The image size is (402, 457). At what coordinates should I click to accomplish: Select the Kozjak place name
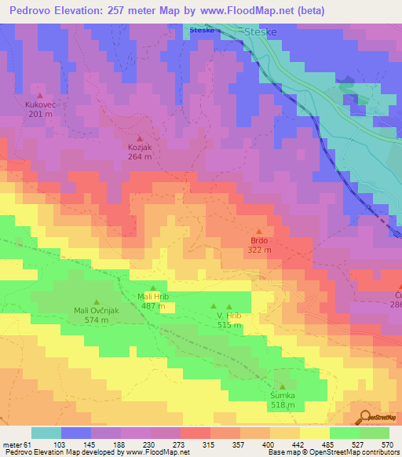[140, 147]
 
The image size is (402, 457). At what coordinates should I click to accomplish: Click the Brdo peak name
[259, 240]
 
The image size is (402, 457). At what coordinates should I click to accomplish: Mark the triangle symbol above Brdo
[259, 231]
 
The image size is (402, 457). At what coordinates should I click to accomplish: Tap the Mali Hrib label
[153, 296]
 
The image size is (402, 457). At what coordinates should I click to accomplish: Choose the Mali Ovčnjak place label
[96, 311]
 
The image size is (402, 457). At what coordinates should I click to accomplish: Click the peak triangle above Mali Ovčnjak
[96, 302]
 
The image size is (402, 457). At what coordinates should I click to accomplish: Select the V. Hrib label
[229, 316]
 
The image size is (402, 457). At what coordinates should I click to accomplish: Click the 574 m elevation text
[96, 320]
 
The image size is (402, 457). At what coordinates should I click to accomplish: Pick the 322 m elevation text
[260, 250]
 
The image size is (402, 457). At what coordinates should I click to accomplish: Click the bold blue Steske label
[202, 31]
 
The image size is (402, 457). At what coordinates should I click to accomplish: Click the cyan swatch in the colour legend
[46, 433]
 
